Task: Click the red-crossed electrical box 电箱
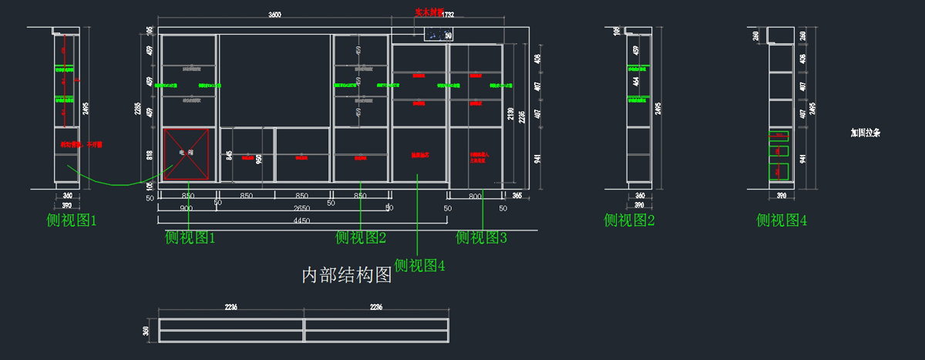187,153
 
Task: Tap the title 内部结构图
347,275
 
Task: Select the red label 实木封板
429,12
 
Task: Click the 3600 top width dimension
274,15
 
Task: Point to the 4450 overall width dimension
301,220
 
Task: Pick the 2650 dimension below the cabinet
301,208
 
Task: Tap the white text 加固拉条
865,133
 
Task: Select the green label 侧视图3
482,237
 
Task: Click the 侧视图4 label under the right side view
782,221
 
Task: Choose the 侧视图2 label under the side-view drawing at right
629,221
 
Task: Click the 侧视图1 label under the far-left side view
72,221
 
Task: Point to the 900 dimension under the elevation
187,208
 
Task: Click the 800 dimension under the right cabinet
475,197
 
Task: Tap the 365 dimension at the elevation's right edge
516,197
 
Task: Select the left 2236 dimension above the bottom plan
230,307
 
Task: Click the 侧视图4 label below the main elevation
420,266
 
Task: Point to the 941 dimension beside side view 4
804,159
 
